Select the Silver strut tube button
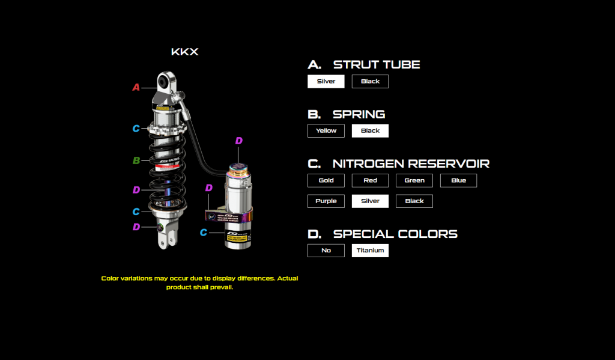(326, 81)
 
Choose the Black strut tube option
(370, 81)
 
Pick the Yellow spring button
(326, 130)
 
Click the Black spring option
(370, 130)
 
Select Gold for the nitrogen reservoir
(326, 180)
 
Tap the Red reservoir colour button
(370, 180)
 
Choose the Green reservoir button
(414, 180)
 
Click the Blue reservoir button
(458, 180)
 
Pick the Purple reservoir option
(326, 201)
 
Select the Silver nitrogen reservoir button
(370, 201)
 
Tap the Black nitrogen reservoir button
(414, 201)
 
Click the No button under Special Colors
(326, 250)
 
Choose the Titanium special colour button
(370, 250)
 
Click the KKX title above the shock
(185, 52)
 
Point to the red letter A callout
(136, 88)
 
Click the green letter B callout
(136, 160)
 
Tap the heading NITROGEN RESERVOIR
(411, 163)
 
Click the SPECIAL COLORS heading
(395, 234)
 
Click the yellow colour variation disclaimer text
(199, 282)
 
